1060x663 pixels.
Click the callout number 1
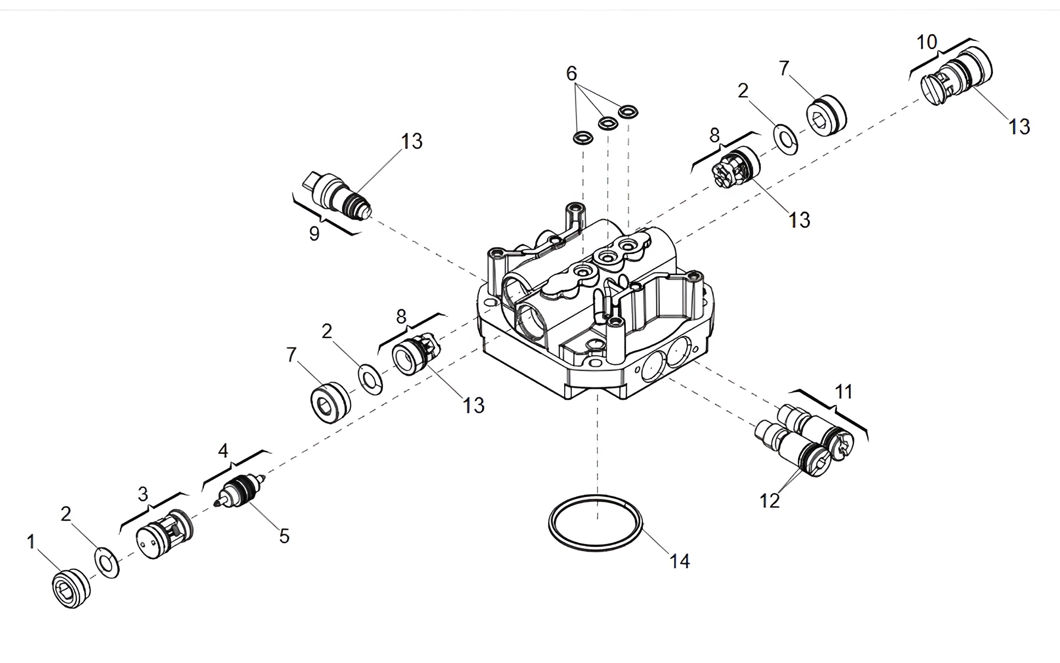point(31,542)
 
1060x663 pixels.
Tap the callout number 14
point(680,560)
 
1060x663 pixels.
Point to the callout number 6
point(571,74)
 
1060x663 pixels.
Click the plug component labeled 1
point(71,588)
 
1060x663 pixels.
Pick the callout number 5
point(284,536)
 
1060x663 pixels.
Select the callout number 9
point(314,234)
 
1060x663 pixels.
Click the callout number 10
point(927,42)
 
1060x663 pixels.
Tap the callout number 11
point(844,392)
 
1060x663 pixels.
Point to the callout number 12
point(770,501)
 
